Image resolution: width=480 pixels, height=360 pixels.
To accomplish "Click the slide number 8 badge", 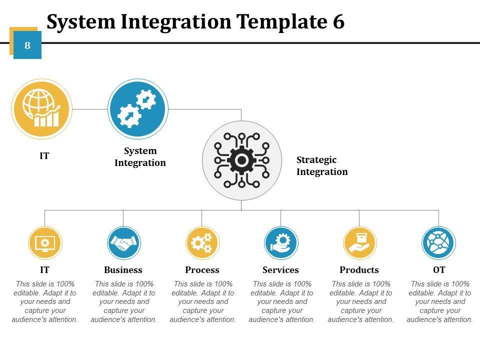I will tap(27, 45).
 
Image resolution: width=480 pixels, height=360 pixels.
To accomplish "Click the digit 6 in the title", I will tap(337, 22).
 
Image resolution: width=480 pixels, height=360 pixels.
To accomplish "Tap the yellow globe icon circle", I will tap(41, 109).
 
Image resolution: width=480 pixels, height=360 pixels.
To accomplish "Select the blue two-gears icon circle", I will tap(138, 109).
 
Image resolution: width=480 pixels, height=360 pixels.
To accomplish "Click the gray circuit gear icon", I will tap(242, 160).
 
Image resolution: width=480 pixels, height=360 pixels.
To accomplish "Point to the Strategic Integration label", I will tap(321, 165).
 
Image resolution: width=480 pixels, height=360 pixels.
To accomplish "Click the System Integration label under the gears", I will tap(140, 156).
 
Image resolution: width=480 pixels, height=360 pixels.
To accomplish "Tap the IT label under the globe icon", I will tap(44, 156).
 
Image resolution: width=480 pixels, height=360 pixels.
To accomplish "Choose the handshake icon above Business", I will tap(123, 243).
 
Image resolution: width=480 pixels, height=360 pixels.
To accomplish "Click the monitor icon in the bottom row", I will tap(45, 243).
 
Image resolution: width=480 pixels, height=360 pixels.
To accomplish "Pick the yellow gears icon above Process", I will tap(202, 243).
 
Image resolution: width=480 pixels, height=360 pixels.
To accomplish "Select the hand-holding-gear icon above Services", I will tap(281, 243).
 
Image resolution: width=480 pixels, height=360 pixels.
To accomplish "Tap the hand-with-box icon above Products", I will tap(359, 243).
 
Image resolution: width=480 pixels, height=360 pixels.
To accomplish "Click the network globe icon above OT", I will tap(438, 243).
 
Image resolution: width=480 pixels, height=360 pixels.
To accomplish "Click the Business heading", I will tap(123, 270).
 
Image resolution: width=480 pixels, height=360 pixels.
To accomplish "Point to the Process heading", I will tap(202, 270).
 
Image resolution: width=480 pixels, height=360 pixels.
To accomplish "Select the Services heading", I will tap(280, 270).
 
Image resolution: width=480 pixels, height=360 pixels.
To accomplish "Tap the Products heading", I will tap(359, 270).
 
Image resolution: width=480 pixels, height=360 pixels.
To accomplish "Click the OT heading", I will tap(439, 270).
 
